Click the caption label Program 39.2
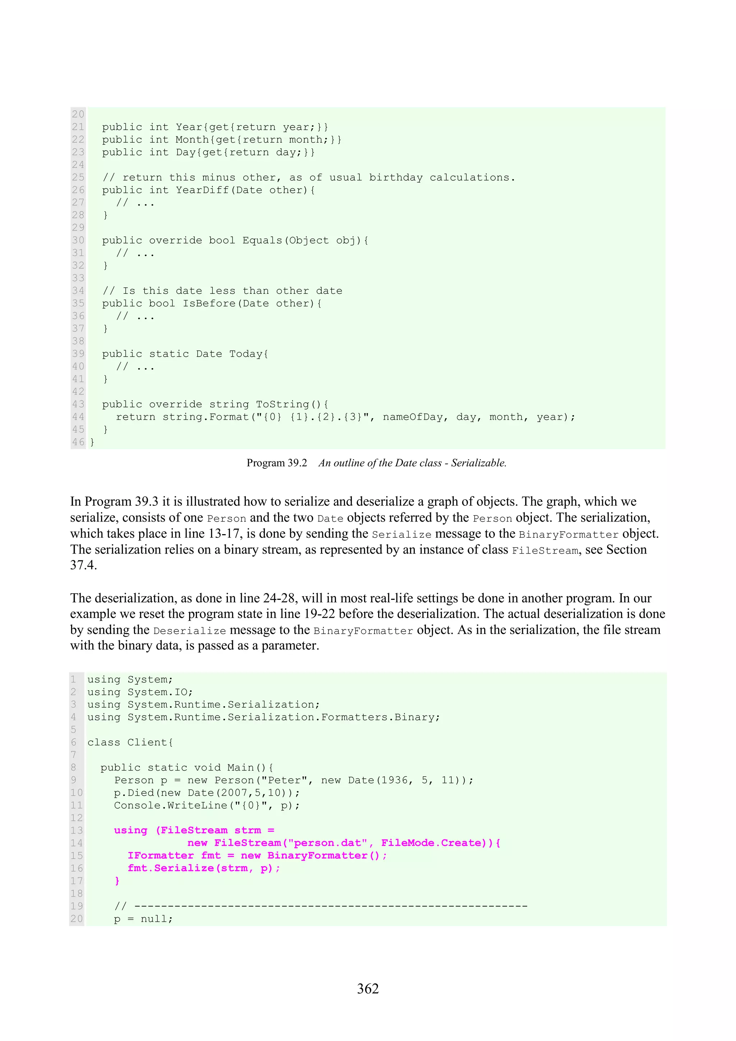coord(277,463)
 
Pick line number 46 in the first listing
coord(78,442)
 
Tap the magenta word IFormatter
coord(161,856)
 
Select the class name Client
coord(147,742)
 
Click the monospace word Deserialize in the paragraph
coord(189,631)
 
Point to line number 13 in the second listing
coord(77,831)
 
